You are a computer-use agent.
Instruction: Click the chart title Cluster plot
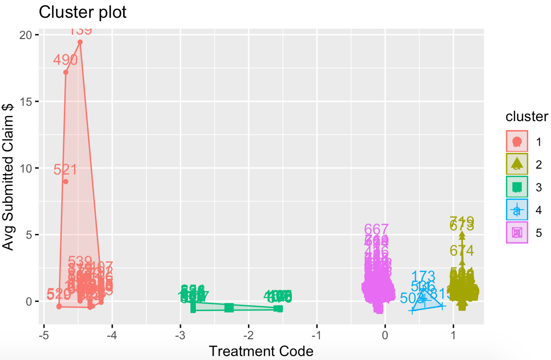click(x=83, y=12)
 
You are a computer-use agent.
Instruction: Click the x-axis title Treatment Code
click(x=261, y=351)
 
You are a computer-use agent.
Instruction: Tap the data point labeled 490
click(x=66, y=72)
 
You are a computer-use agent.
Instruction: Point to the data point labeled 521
click(x=65, y=181)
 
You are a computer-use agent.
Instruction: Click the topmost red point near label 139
click(x=80, y=42)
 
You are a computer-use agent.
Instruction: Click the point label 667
click(x=376, y=229)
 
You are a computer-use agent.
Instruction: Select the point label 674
click(x=462, y=250)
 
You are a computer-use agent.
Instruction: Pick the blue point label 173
click(x=423, y=276)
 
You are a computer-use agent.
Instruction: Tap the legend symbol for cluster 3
click(x=517, y=187)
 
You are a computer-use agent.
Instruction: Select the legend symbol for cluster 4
click(x=517, y=210)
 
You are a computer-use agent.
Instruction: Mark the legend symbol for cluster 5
click(x=517, y=232)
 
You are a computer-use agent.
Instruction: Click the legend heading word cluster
click(x=526, y=117)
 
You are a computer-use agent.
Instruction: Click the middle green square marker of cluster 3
click(x=229, y=308)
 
